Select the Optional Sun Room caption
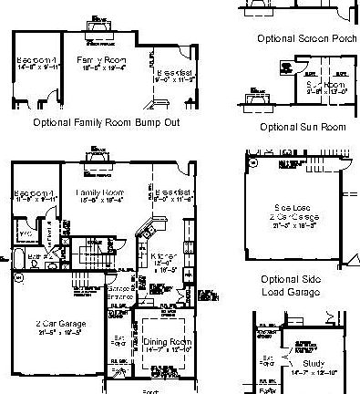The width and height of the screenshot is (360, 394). point(303,127)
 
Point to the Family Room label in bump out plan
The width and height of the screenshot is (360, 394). point(101,64)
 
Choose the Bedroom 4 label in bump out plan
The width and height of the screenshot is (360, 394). point(37,64)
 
